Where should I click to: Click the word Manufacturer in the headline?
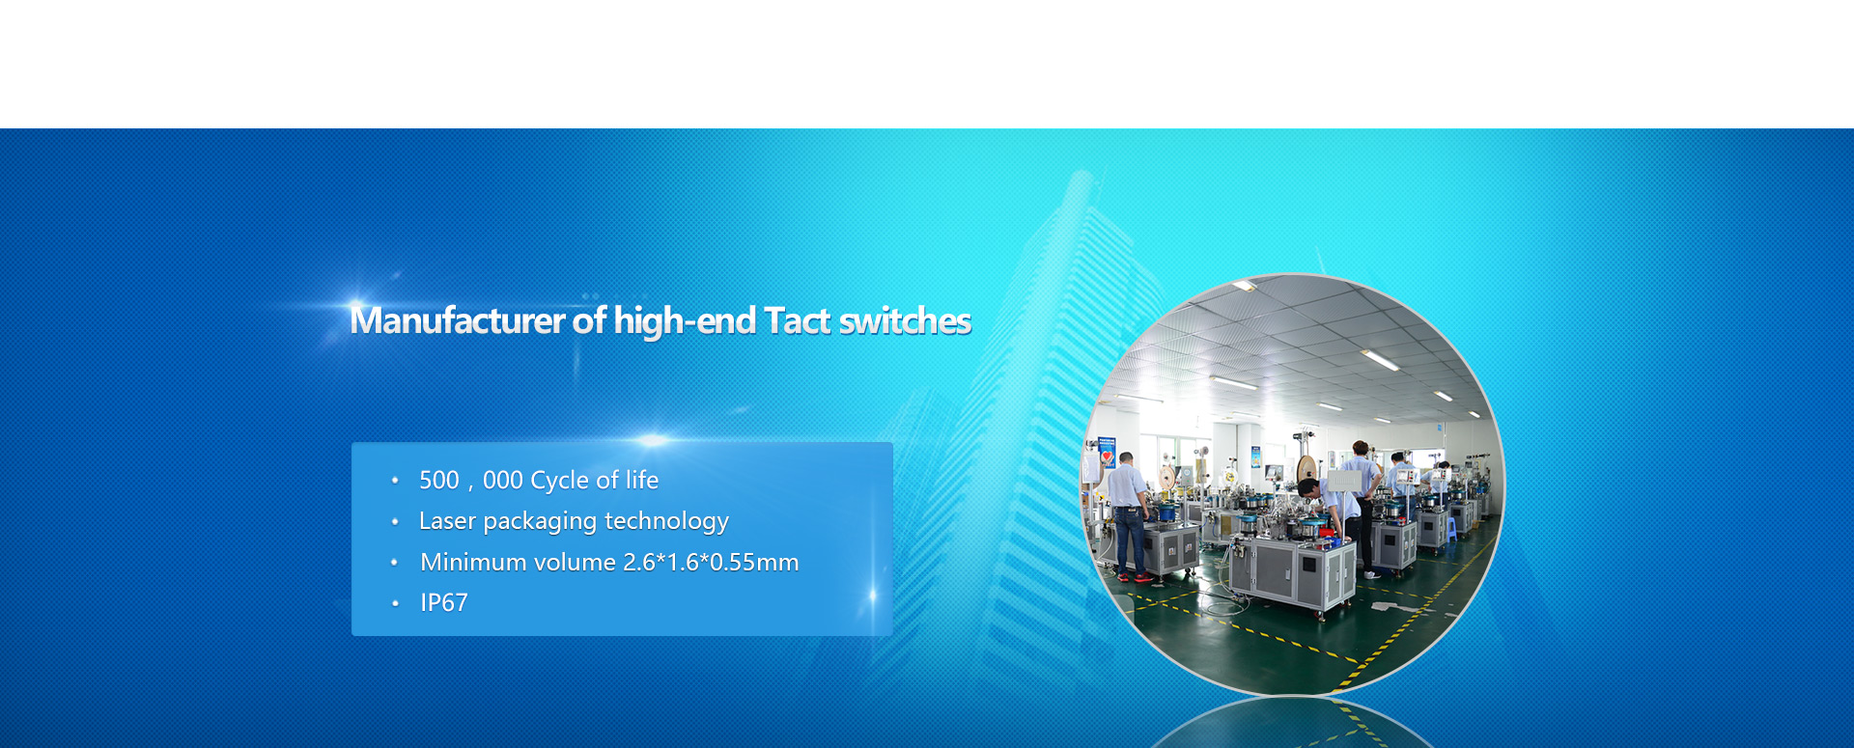click(458, 320)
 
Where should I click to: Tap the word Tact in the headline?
click(798, 320)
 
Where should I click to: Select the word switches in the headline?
click(905, 320)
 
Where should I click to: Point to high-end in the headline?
click(685, 321)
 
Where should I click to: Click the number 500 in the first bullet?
click(439, 480)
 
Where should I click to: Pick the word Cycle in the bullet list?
click(559, 481)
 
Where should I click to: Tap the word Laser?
click(447, 521)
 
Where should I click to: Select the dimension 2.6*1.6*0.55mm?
click(711, 562)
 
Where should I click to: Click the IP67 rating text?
click(444, 602)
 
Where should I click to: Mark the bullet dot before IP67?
click(395, 603)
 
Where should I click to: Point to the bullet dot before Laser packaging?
click(395, 521)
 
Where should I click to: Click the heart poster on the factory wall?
click(1108, 454)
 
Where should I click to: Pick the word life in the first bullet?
click(642, 480)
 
